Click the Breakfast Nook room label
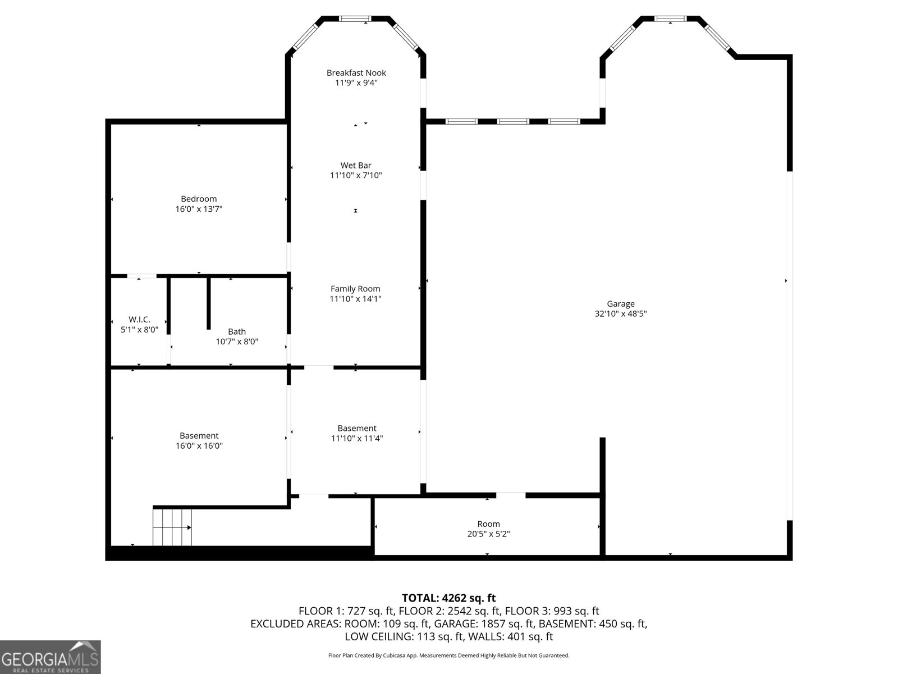[x=356, y=73]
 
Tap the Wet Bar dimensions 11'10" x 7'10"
[x=356, y=175]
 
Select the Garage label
[x=621, y=304]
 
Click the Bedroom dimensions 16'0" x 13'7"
[x=199, y=209]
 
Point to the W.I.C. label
[x=139, y=320]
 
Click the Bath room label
[x=237, y=331]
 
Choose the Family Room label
[x=355, y=289]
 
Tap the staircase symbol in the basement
[x=172, y=527]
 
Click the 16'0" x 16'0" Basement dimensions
[x=199, y=446]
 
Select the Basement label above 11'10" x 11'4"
[x=356, y=428]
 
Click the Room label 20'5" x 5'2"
[x=488, y=524]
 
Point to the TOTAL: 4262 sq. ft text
[x=448, y=598]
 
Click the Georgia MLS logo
[x=50, y=657]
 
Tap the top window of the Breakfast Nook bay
[x=355, y=19]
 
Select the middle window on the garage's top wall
[x=513, y=121]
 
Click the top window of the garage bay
[x=671, y=19]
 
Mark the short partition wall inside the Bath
[x=209, y=303]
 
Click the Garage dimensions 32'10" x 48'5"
[x=621, y=314]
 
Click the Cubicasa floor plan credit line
[x=448, y=655]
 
